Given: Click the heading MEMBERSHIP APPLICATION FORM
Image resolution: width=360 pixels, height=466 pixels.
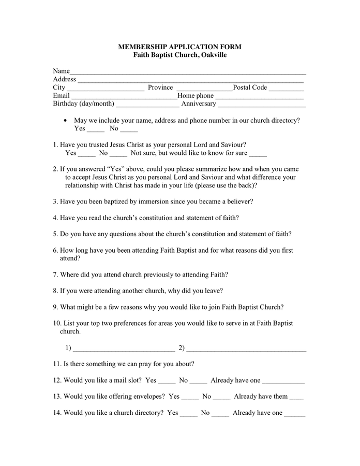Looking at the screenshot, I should (x=179, y=47).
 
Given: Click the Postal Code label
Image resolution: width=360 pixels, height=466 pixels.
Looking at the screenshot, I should (x=250, y=88).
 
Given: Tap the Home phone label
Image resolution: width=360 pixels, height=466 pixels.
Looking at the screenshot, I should (x=196, y=96).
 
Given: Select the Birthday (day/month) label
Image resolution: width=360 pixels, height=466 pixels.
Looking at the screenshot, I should (x=83, y=104).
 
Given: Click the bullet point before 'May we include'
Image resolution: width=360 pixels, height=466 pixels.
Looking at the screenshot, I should (x=65, y=120).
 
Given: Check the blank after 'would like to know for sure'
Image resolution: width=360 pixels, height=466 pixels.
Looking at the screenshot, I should (x=258, y=155).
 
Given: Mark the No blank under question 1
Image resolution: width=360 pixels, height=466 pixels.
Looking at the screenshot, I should (x=118, y=155).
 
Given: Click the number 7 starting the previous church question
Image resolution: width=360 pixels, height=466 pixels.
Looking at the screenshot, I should (x=55, y=274).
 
